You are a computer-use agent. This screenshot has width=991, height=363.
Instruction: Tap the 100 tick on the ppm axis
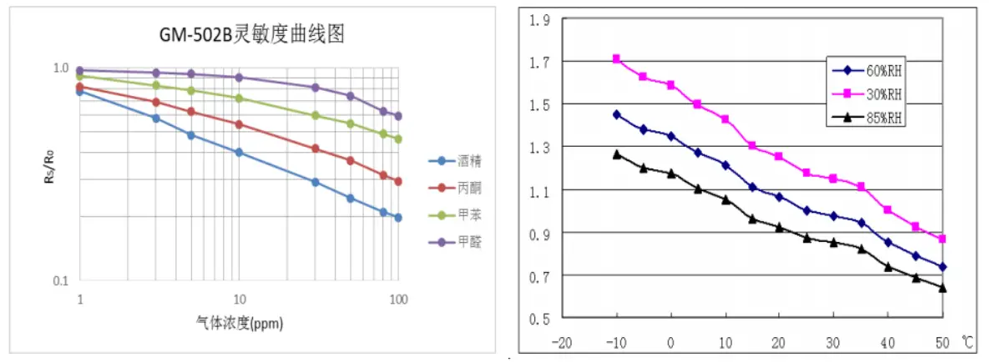(x=397, y=299)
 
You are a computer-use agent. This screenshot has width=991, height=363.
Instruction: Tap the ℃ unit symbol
(x=968, y=340)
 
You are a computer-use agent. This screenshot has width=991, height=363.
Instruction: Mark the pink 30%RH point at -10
(x=616, y=58)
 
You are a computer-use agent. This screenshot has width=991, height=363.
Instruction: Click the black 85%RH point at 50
(x=942, y=288)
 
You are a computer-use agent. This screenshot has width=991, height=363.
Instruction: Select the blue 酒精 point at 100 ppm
(x=398, y=218)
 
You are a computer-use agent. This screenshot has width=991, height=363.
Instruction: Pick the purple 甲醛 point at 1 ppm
(x=80, y=71)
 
